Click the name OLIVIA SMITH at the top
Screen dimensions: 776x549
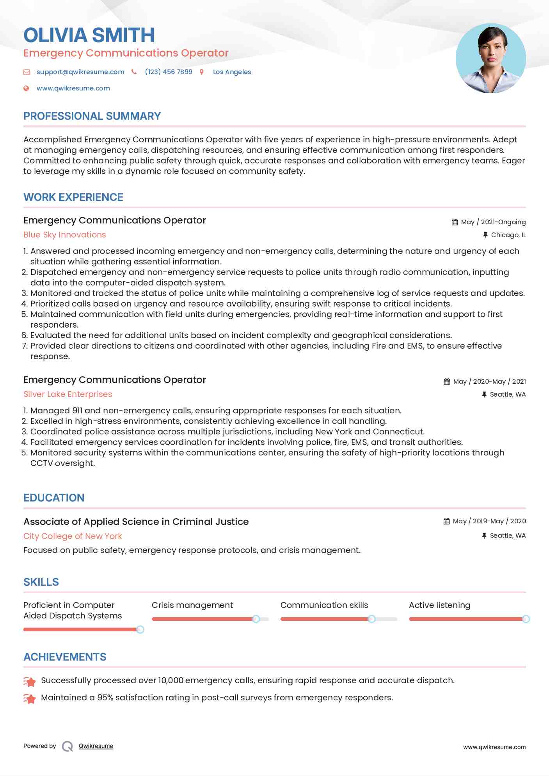pos(89,35)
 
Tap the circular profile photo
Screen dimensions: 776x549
pos(490,58)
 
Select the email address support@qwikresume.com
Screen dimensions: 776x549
pos(80,72)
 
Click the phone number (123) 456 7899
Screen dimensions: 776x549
pos(169,72)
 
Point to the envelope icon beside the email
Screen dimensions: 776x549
pos(27,72)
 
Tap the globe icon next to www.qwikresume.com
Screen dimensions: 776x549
pos(26,88)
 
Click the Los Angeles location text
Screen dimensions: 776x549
pos(232,72)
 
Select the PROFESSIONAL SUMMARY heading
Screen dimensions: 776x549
pos(92,116)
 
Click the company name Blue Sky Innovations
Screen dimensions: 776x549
pos(65,235)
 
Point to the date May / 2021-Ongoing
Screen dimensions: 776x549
pos(493,222)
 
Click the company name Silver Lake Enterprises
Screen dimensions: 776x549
pos(68,394)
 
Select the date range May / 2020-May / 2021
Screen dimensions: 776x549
pos(489,381)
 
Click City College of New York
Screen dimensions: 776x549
pos(73,536)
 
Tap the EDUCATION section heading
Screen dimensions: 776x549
pos(54,498)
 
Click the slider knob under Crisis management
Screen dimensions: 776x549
pos(256,619)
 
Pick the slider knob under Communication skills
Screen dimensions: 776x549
pos(372,619)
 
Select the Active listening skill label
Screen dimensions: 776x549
pos(439,605)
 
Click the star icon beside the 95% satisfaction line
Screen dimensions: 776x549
pos(30,698)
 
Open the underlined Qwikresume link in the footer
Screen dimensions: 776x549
pos(96,746)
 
